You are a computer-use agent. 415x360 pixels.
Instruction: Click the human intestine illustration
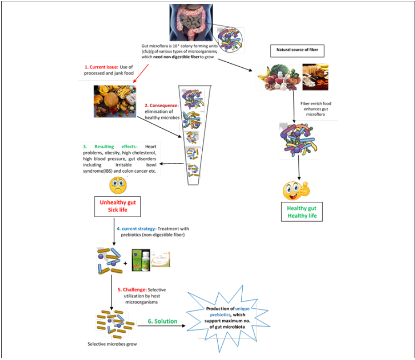(x=190, y=22)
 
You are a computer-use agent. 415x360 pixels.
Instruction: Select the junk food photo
(x=115, y=101)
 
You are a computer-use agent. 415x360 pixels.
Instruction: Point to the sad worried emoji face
(x=118, y=185)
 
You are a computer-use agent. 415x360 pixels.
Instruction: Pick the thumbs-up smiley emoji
(x=295, y=190)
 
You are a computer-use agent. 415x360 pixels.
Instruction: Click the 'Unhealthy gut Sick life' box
(x=117, y=206)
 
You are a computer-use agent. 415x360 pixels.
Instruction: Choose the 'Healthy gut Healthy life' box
(x=302, y=212)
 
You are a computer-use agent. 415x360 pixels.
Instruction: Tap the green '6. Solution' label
(x=162, y=321)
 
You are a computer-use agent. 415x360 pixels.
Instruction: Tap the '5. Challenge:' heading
(x=132, y=290)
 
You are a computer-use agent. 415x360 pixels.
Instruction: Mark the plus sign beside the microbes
(x=125, y=263)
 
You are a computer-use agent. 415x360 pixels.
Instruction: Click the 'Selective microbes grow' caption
(x=112, y=344)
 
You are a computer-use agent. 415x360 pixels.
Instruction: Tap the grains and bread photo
(x=315, y=76)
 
